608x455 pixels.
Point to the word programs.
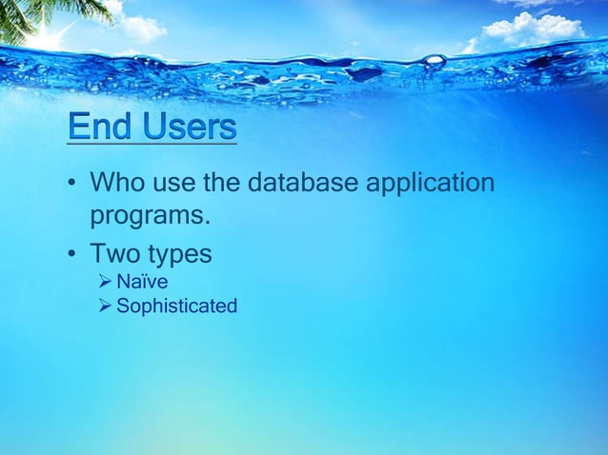pyautogui.click(x=149, y=218)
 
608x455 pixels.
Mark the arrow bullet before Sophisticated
pyautogui.click(x=105, y=307)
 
